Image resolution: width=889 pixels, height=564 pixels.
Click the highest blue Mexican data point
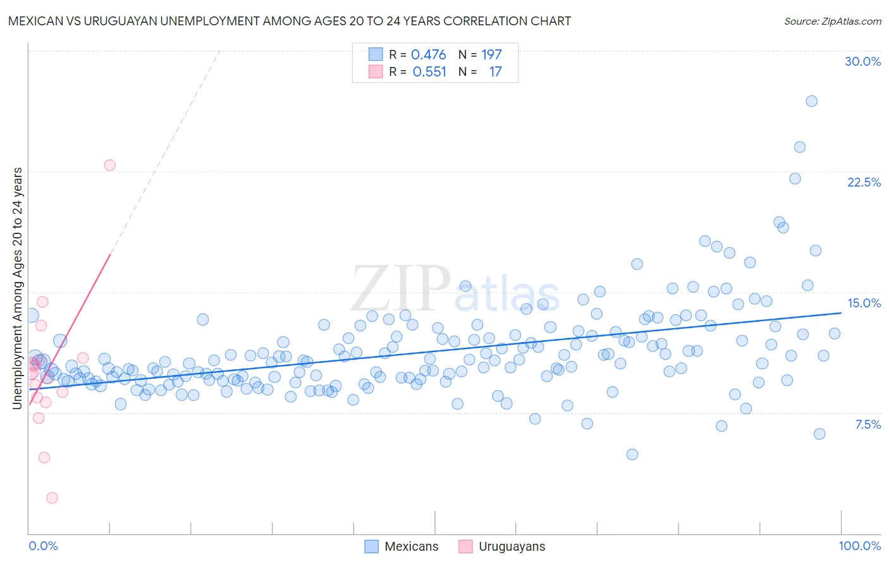(x=811, y=101)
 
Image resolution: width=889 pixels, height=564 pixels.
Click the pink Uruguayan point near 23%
(x=109, y=165)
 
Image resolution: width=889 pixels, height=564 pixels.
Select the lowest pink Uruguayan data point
(x=52, y=498)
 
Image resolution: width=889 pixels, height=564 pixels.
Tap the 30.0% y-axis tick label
(x=862, y=61)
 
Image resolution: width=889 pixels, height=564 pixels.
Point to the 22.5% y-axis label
(x=864, y=182)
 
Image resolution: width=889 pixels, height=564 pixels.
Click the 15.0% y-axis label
(x=864, y=303)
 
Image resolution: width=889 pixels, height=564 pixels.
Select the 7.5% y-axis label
(x=868, y=424)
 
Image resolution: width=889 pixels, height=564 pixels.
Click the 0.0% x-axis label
(x=43, y=546)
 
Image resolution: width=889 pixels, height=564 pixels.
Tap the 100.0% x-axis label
(x=859, y=546)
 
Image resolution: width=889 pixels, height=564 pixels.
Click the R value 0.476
(x=428, y=55)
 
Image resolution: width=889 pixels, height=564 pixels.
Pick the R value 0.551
(x=429, y=72)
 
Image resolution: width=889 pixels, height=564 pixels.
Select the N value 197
(x=491, y=55)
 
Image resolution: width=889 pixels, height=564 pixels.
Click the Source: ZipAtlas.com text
(x=832, y=21)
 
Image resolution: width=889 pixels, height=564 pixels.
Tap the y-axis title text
(x=18, y=288)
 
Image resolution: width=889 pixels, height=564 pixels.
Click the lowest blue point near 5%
(x=632, y=454)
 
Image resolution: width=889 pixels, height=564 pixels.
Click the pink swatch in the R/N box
(x=376, y=71)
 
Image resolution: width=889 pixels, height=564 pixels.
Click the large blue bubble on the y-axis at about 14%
(x=30, y=315)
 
